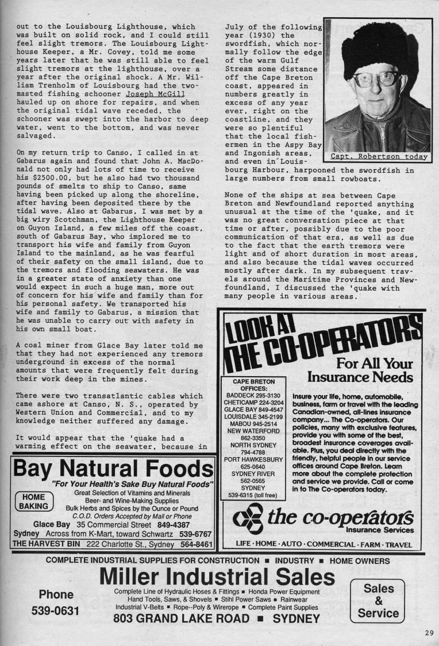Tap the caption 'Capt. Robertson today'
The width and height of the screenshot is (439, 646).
379,156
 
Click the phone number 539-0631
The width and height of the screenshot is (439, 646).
55,612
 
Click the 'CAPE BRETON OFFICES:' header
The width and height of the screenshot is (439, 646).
253,384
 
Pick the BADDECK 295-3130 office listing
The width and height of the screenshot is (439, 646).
253,396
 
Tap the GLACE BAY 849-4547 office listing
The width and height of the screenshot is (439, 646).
253,411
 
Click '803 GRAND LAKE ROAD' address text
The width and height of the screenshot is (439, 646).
181,618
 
